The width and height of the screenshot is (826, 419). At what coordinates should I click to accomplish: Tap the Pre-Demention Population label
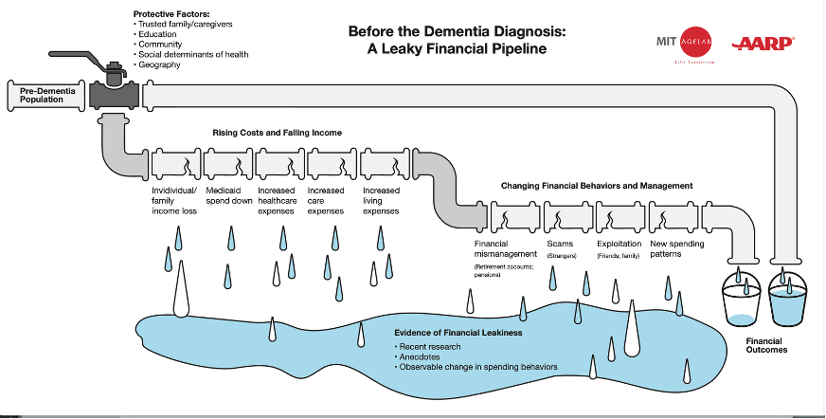click(41, 95)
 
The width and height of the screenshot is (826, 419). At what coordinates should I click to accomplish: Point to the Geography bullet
click(160, 64)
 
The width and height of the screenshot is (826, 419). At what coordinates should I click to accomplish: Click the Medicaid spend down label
click(227, 194)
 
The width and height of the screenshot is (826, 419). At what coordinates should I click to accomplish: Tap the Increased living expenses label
click(381, 200)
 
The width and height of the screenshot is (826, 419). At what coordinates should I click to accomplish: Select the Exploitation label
click(619, 244)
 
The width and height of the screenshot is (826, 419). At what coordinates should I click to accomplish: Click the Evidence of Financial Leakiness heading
click(458, 333)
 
